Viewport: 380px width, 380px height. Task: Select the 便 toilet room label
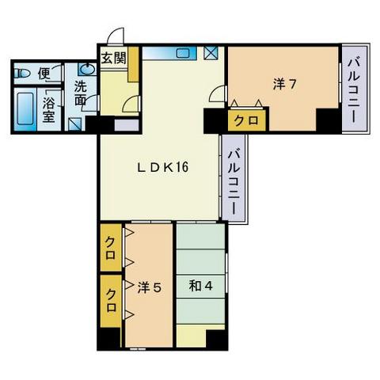44,74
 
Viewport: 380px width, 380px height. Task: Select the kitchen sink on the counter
184,54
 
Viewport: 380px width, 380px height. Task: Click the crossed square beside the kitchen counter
211,55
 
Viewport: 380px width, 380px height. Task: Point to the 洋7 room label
285,84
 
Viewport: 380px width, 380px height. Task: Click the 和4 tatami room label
198,287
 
